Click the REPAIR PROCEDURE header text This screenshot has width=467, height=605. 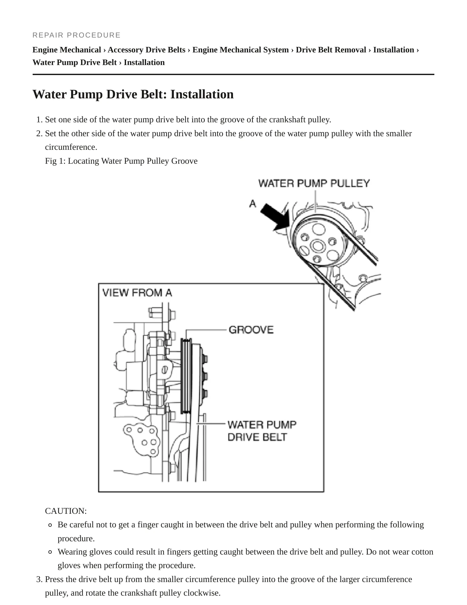[x=77, y=35]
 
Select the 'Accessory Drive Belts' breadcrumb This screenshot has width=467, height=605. [x=146, y=50]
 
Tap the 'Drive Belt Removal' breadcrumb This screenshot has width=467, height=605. [x=331, y=50]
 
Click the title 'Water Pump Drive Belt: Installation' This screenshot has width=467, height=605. [x=133, y=94]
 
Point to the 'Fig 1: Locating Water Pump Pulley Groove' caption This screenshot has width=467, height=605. [x=121, y=161]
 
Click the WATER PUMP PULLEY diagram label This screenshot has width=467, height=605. [x=314, y=183]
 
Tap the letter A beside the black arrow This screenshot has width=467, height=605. [x=253, y=203]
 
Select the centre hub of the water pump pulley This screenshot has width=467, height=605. [x=317, y=246]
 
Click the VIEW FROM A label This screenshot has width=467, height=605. [x=137, y=293]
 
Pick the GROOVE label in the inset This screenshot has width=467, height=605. [x=251, y=330]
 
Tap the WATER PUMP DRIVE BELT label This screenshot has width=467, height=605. [x=262, y=431]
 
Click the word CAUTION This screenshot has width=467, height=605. [x=66, y=511]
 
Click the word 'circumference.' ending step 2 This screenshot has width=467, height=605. [x=71, y=147]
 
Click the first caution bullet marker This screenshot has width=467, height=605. [x=50, y=525]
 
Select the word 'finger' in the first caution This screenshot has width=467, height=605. [x=147, y=525]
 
